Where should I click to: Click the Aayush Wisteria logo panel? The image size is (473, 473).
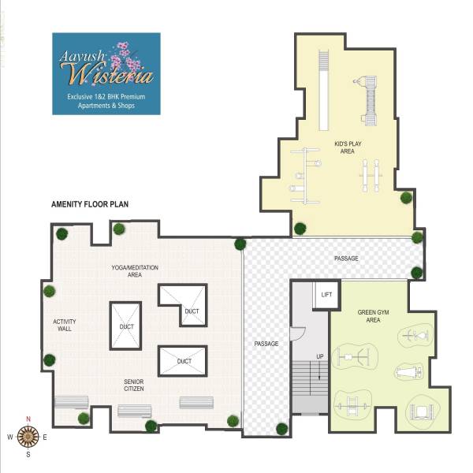coord(106,73)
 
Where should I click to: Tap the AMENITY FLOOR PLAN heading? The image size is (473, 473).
coord(90,203)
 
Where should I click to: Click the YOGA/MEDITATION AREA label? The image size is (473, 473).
coord(135,272)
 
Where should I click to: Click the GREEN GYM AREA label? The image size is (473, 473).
coord(369,317)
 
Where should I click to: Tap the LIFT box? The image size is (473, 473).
coord(327,294)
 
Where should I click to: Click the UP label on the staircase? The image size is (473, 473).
coord(320,357)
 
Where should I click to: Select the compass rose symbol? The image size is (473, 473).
coord(28,435)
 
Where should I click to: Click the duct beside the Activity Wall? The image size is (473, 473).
coord(125,326)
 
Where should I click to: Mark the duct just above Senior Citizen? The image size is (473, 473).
coord(183,361)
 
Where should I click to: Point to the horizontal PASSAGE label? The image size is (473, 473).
coord(346,258)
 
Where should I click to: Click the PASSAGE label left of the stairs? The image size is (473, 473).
coord(266,344)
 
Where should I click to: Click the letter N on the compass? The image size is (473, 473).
coord(28,419)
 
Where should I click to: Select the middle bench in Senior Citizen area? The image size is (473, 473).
coord(134,411)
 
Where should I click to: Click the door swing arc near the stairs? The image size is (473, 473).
coord(297,334)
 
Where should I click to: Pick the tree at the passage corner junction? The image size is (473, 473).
coord(240,244)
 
